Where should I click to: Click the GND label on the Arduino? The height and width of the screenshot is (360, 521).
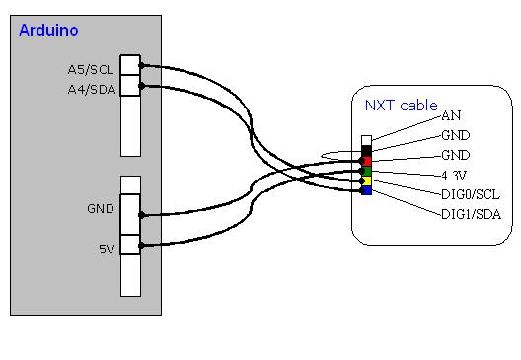point(102,209)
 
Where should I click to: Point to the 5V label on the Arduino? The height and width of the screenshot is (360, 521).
point(108,250)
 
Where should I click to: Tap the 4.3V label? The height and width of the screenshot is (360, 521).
point(456,175)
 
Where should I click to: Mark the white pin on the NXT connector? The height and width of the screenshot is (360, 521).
point(366,140)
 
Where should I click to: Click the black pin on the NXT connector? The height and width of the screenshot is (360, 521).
point(366,150)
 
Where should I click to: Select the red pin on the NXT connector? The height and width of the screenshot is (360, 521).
point(366,161)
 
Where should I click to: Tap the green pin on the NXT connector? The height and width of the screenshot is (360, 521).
point(366,171)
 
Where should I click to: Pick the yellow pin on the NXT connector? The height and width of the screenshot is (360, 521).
point(366,180)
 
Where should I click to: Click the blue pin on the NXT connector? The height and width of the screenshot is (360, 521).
point(366,190)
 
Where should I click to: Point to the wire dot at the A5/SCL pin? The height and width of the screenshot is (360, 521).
point(142,66)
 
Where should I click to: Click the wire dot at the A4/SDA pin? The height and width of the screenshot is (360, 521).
point(142,86)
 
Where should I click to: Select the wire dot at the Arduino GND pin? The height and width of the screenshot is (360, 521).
point(142,213)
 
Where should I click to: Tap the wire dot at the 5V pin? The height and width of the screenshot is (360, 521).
point(142,247)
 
